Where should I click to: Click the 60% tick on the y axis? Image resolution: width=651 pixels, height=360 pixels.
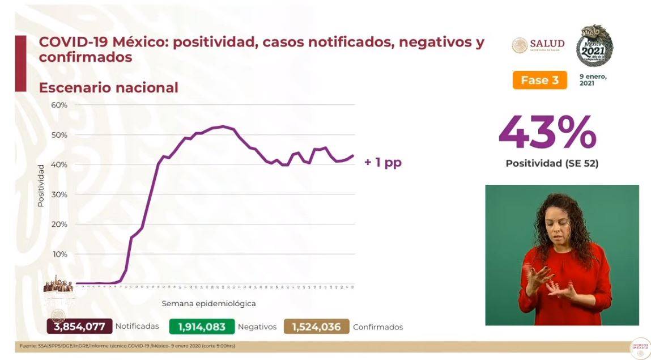59,105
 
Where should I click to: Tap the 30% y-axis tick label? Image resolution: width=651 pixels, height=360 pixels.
59,194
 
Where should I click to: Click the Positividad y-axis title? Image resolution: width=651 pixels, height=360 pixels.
41,185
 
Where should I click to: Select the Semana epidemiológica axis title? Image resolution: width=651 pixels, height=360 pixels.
209,304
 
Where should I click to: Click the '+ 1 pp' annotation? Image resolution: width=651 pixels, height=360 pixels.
382,163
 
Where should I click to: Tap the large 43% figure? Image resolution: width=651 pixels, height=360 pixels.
547,133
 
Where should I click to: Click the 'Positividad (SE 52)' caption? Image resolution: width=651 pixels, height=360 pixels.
552,164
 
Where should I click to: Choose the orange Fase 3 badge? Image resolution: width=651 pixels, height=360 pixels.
539,80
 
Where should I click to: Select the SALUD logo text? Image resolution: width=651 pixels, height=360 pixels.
547,44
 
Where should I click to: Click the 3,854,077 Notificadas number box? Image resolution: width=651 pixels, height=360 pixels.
80,327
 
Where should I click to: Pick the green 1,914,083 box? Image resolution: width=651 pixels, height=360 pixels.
202,327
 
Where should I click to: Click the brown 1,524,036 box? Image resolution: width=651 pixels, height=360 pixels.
320,327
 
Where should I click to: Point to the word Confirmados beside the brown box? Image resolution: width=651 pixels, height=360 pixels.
378,327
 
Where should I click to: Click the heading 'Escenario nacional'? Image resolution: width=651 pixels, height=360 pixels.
108,88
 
